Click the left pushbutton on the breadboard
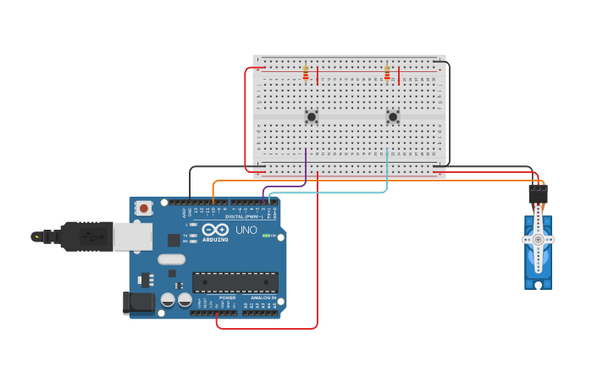pos(312,117)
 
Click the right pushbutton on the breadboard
pos(393,117)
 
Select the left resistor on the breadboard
pos(306,75)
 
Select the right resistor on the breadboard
pos(387,75)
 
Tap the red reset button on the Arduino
pos(144,208)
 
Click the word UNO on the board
pos(246,230)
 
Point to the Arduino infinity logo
pos(215,230)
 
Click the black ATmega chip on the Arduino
pos(235,282)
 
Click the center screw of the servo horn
pos(538,240)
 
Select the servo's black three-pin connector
pos(538,194)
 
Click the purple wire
pos(305,170)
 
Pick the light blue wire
pos(387,174)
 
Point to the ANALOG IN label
pos(263,298)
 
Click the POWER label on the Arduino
pos(227,298)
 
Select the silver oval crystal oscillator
pos(170,260)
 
